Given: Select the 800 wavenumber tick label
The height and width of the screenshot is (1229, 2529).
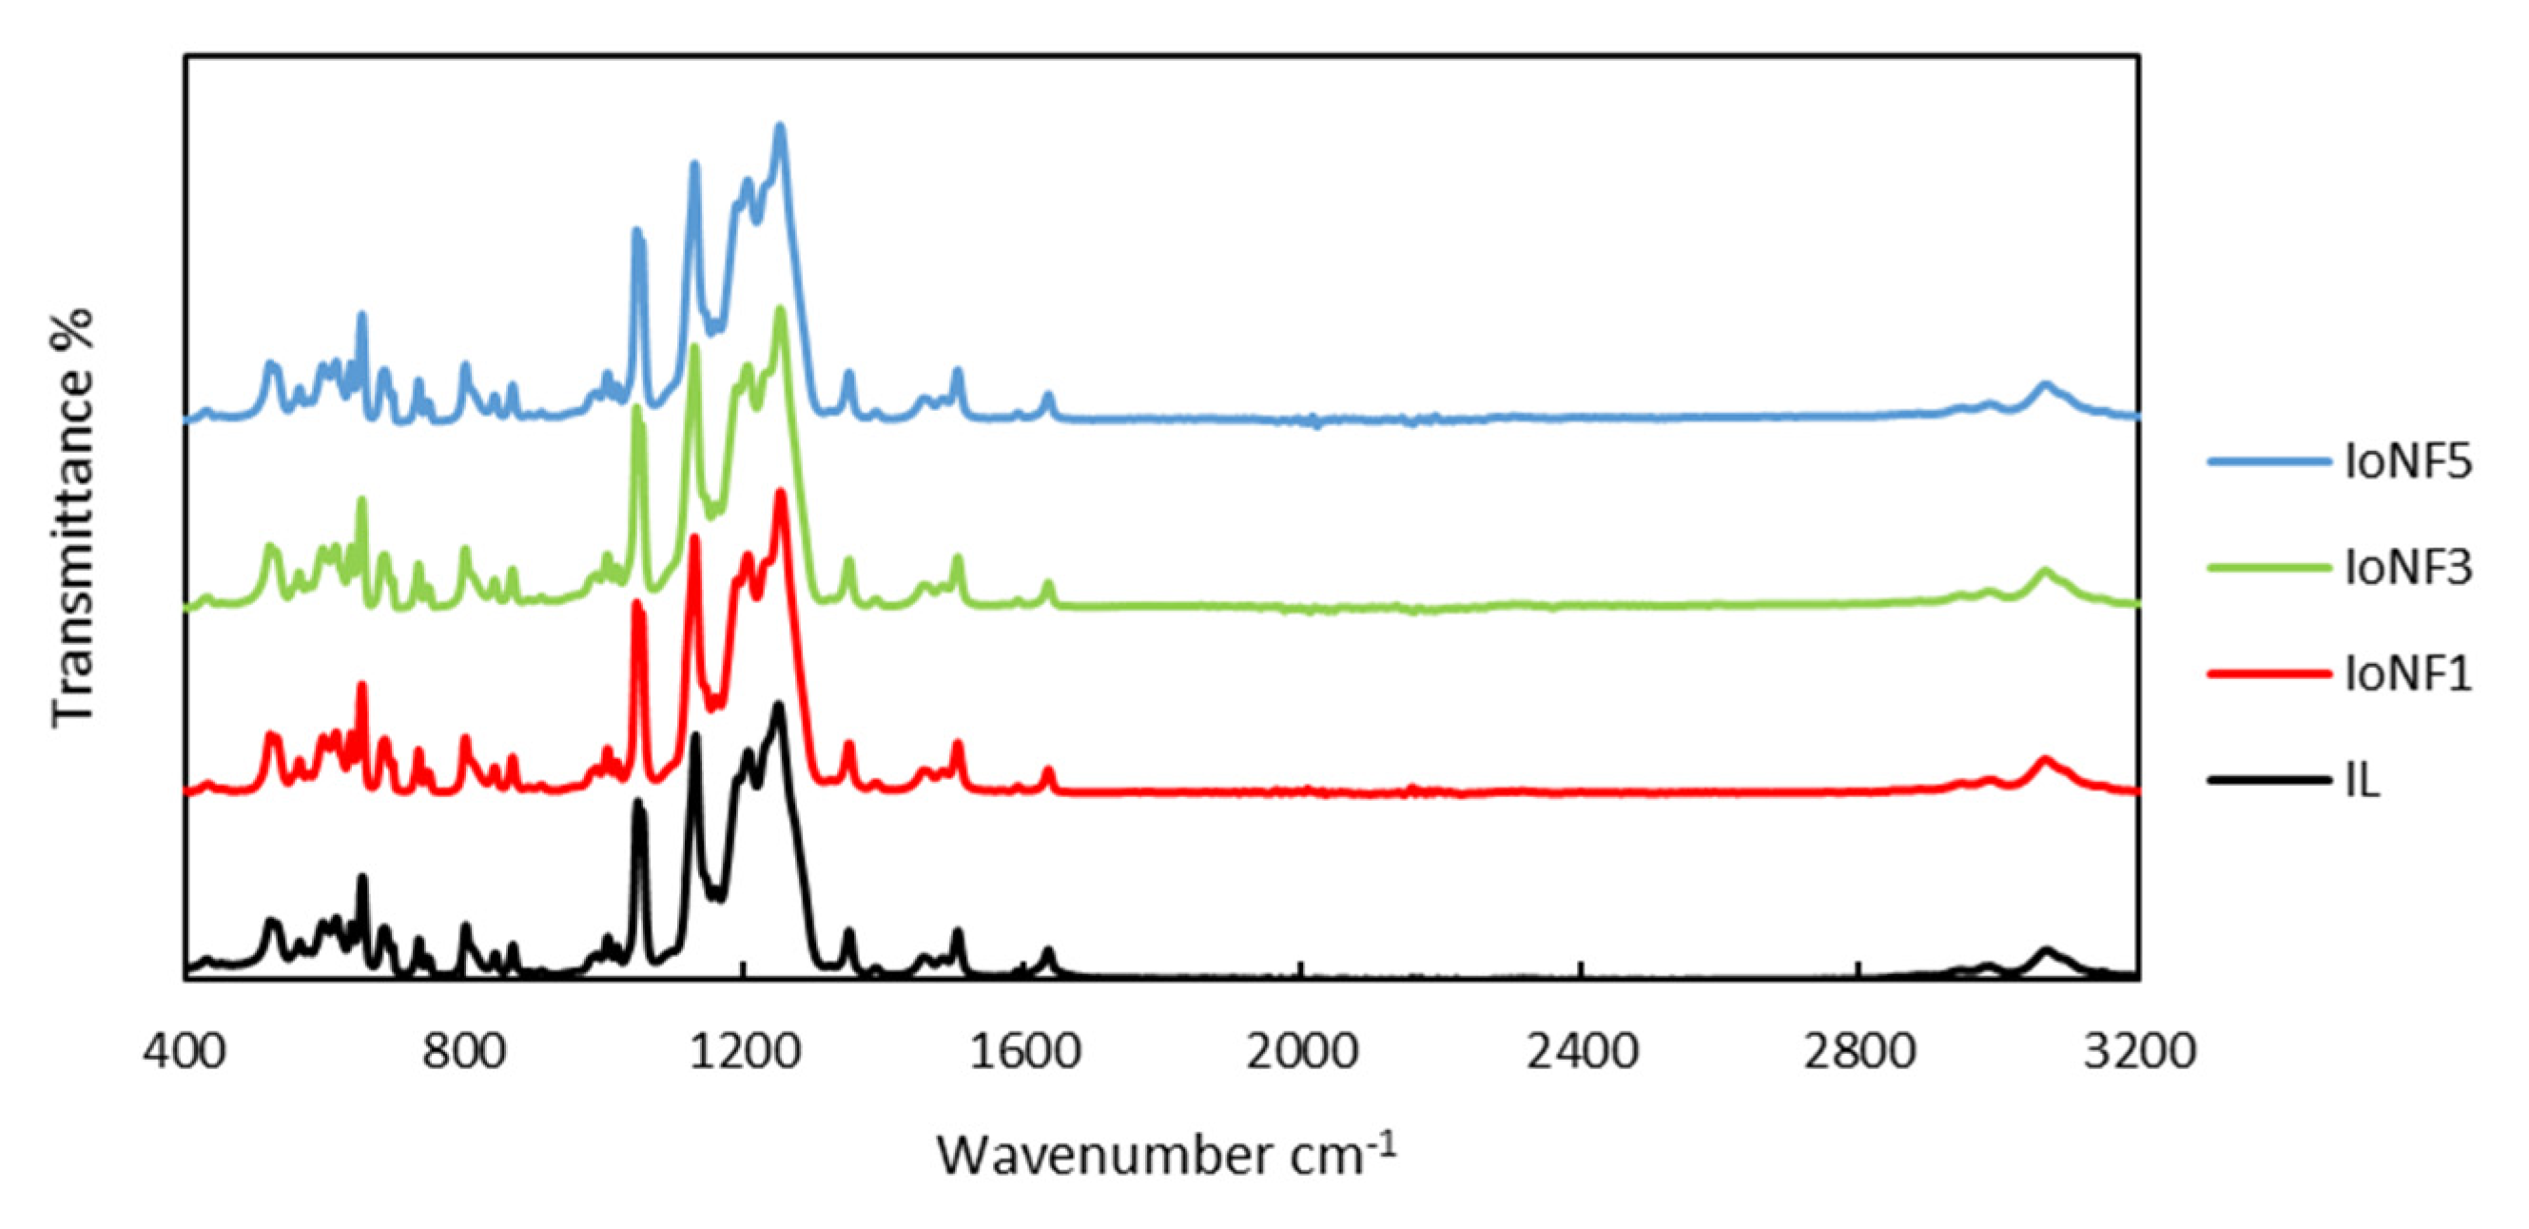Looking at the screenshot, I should (463, 1052).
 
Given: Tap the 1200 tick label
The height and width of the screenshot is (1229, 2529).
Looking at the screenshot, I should (744, 1052).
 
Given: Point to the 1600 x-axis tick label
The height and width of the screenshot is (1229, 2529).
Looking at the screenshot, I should (1024, 1052).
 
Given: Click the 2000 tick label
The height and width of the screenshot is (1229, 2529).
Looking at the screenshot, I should (1303, 1052).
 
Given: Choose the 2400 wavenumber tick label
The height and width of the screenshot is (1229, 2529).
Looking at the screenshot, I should (1583, 1052).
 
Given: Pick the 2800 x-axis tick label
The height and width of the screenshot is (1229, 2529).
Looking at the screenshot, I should (1860, 1052).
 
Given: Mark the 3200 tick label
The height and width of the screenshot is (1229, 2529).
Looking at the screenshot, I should (2140, 1052).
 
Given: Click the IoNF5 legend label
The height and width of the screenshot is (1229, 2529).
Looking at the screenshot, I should (2407, 461).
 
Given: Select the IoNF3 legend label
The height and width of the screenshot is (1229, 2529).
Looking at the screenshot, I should (2407, 567).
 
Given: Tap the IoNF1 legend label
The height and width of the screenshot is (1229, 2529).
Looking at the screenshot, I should (2407, 674).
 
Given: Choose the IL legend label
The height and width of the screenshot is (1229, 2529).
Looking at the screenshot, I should (2363, 781).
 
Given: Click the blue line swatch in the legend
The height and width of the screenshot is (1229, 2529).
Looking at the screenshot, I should (2268, 461).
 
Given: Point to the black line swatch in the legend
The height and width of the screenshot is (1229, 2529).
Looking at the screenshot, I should (2268, 780).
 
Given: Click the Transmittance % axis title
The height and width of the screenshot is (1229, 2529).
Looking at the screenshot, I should (72, 517).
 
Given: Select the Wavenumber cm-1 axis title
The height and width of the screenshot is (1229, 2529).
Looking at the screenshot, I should (1165, 1155).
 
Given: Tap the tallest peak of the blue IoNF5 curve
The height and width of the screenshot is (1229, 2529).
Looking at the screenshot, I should (781, 127).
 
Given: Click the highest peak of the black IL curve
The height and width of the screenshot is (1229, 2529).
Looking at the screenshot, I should (779, 706).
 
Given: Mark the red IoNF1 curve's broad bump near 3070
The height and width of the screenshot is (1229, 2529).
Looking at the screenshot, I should (2046, 760).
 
